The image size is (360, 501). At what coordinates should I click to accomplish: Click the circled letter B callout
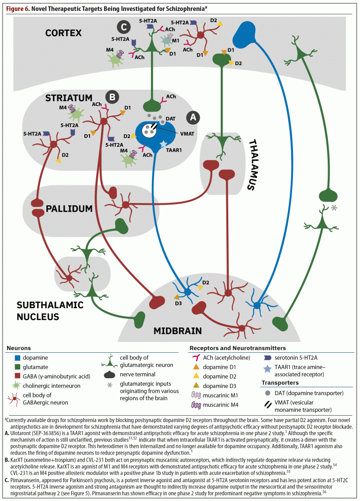tap(113, 97)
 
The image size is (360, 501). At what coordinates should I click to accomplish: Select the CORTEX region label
tap(63, 33)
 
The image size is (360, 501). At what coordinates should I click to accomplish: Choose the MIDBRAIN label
tap(178, 331)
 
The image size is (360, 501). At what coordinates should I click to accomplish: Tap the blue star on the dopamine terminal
tap(163, 144)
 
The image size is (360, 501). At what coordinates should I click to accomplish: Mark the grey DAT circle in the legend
tap(267, 393)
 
